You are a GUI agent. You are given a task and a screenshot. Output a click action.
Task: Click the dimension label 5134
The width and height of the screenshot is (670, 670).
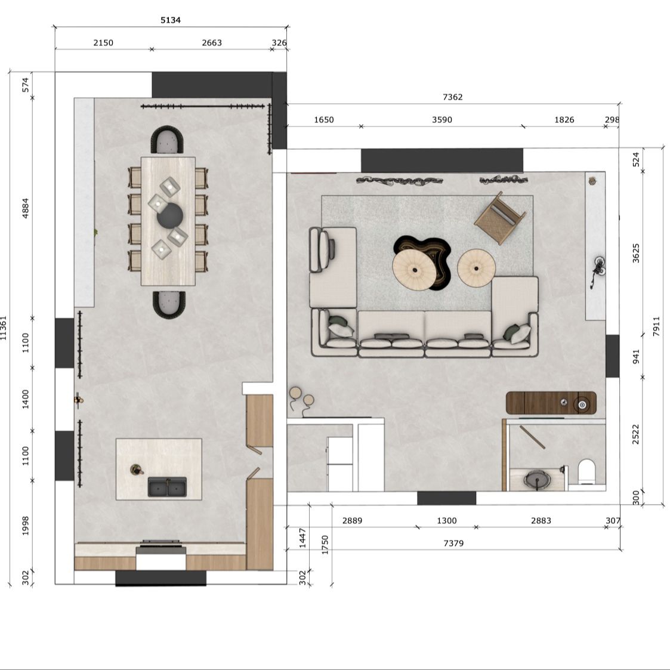tap(171, 20)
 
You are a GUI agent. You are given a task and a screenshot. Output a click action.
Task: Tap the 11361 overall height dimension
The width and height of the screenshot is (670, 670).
tap(4, 328)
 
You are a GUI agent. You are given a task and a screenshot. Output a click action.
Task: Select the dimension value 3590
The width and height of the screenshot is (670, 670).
tap(442, 120)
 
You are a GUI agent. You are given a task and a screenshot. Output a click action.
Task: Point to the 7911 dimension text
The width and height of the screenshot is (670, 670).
tap(657, 326)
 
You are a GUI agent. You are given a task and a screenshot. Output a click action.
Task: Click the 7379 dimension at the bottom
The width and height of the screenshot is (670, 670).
tap(453, 543)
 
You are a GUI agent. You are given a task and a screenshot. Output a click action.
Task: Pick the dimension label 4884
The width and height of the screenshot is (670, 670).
tap(26, 208)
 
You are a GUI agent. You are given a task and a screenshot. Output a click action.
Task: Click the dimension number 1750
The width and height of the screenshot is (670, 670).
tap(325, 545)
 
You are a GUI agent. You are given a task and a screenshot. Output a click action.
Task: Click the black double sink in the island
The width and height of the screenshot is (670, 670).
tap(167, 487)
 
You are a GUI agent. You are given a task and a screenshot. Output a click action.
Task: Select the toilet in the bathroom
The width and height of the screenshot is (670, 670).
tap(586, 472)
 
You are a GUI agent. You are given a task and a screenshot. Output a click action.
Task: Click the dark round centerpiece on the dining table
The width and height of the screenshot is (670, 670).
tap(170, 216)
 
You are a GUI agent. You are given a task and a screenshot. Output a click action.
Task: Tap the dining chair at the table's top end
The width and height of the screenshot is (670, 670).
tap(168, 140)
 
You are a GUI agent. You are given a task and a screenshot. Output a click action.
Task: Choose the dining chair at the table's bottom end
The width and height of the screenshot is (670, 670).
tap(169, 304)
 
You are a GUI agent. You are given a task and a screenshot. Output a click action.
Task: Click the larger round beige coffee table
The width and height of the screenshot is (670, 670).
tap(415, 270)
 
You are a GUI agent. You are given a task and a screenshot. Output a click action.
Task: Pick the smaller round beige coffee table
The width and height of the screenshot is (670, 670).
tap(477, 268)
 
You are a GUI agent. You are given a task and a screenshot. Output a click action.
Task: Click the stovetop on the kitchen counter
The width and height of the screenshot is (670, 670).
tap(161, 543)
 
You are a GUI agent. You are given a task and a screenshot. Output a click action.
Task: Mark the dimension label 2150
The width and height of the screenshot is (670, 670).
tap(103, 43)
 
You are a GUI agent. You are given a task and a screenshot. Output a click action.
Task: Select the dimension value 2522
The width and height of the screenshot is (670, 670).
tap(636, 434)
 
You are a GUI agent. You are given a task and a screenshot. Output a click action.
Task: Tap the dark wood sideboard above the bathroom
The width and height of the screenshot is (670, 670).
tap(551, 403)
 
